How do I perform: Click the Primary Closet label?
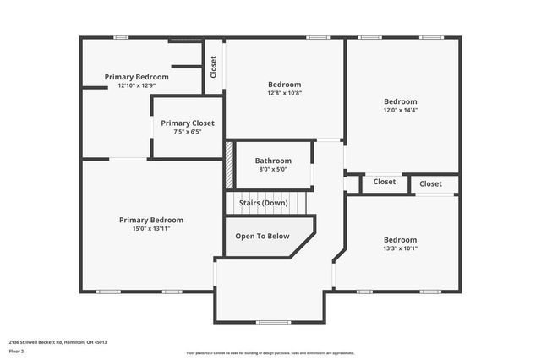pyautogui.click(x=188, y=123)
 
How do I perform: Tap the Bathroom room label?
pyautogui.click(x=273, y=161)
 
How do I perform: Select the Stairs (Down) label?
pyautogui.click(x=263, y=203)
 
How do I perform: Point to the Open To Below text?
pyautogui.click(x=262, y=237)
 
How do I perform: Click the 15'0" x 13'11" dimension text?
pyautogui.click(x=151, y=229)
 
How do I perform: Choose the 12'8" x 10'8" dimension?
pyautogui.click(x=284, y=93)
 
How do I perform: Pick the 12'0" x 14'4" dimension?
pyautogui.click(x=401, y=110)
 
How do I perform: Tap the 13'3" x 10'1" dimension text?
pyautogui.click(x=400, y=248)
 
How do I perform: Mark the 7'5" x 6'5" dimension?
pyautogui.click(x=188, y=132)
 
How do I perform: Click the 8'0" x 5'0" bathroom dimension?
pyautogui.click(x=273, y=169)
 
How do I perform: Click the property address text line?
pyautogui.click(x=58, y=341)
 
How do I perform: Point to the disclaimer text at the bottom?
pyautogui.click(x=270, y=352)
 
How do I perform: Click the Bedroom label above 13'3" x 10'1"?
pyautogui.click(x=400, y=239)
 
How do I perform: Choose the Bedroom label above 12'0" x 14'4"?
pyautogui.click(x=401, y=101)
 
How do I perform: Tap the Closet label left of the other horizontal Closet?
pyautogui.click(x=385, y=182)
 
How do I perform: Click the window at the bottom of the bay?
pyautogui.click(x=273, y=322)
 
